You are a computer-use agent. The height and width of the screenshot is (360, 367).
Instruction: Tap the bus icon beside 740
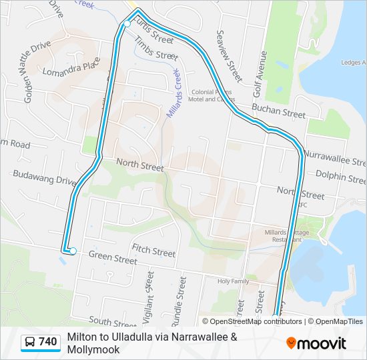point(30,342)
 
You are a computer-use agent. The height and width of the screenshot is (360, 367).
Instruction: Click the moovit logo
point(316,343)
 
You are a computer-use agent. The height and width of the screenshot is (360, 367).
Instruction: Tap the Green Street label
point(113,257)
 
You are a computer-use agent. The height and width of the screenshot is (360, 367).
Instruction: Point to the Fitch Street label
point(153,251)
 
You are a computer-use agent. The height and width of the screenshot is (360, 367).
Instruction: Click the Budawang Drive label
point(45,177)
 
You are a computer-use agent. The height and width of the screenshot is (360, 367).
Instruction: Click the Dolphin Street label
point(340,177)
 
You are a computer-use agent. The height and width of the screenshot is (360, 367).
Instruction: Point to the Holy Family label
point(233,281)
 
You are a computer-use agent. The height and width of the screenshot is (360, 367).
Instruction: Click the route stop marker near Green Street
point(73,251)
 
